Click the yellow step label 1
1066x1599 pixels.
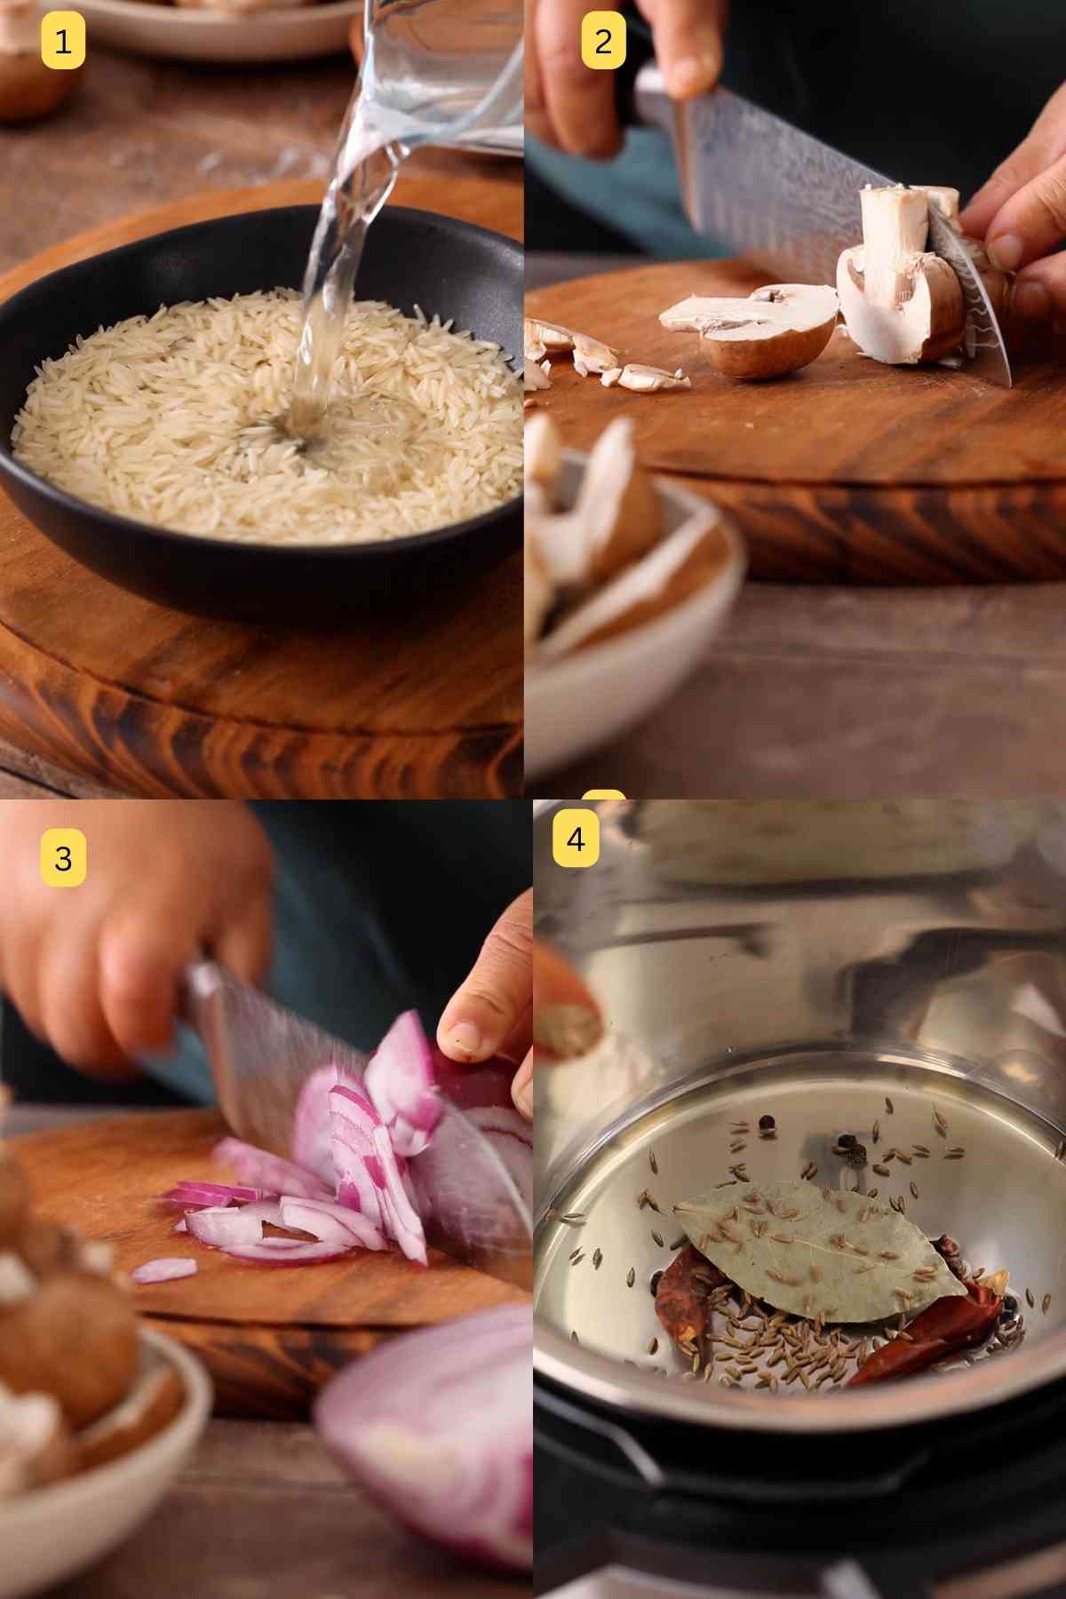[x=62, y=41]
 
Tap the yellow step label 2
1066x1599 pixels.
[x=603, y=41]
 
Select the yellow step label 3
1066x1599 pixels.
[x=62, y=858]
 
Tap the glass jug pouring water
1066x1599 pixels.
[x=444, y=71]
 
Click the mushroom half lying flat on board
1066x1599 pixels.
[x=755, y=324]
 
